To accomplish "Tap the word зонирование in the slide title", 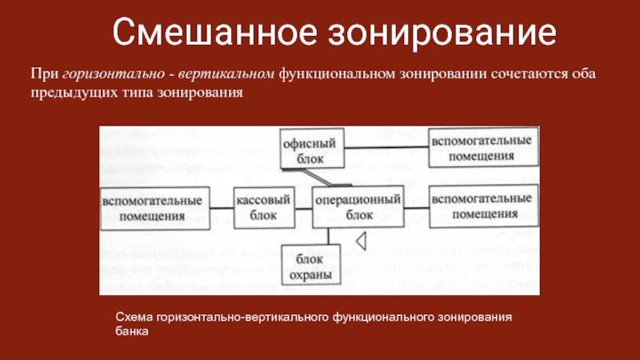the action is (438, 33).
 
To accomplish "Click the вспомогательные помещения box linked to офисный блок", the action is (482, 146).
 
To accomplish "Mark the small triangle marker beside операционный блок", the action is (361, 238).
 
